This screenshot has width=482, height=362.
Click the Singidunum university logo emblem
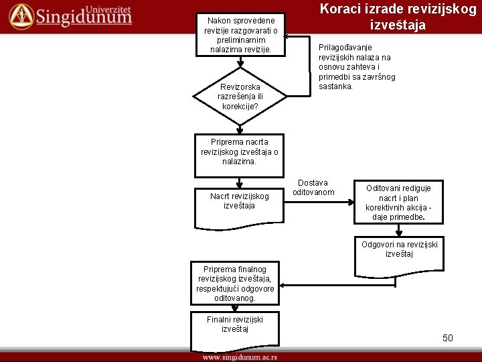(x=21, y=15)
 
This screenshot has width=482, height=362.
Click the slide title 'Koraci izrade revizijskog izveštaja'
(x=398, y=17)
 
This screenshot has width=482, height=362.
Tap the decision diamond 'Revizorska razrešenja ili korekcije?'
(x=240, y=97)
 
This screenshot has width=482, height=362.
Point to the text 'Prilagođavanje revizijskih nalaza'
(x=355, y=67)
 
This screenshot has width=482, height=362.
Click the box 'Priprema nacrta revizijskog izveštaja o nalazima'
(x=239, y=152)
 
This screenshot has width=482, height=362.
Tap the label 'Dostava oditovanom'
(x=313, y=188)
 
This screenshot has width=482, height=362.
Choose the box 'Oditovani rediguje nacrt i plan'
(x=398, y=202)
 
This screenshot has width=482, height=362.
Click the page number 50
(x=448, y=338)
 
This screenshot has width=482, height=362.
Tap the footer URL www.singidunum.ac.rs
(x=240, y=357)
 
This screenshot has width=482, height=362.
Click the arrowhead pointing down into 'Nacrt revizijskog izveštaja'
(x=239, y=182)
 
